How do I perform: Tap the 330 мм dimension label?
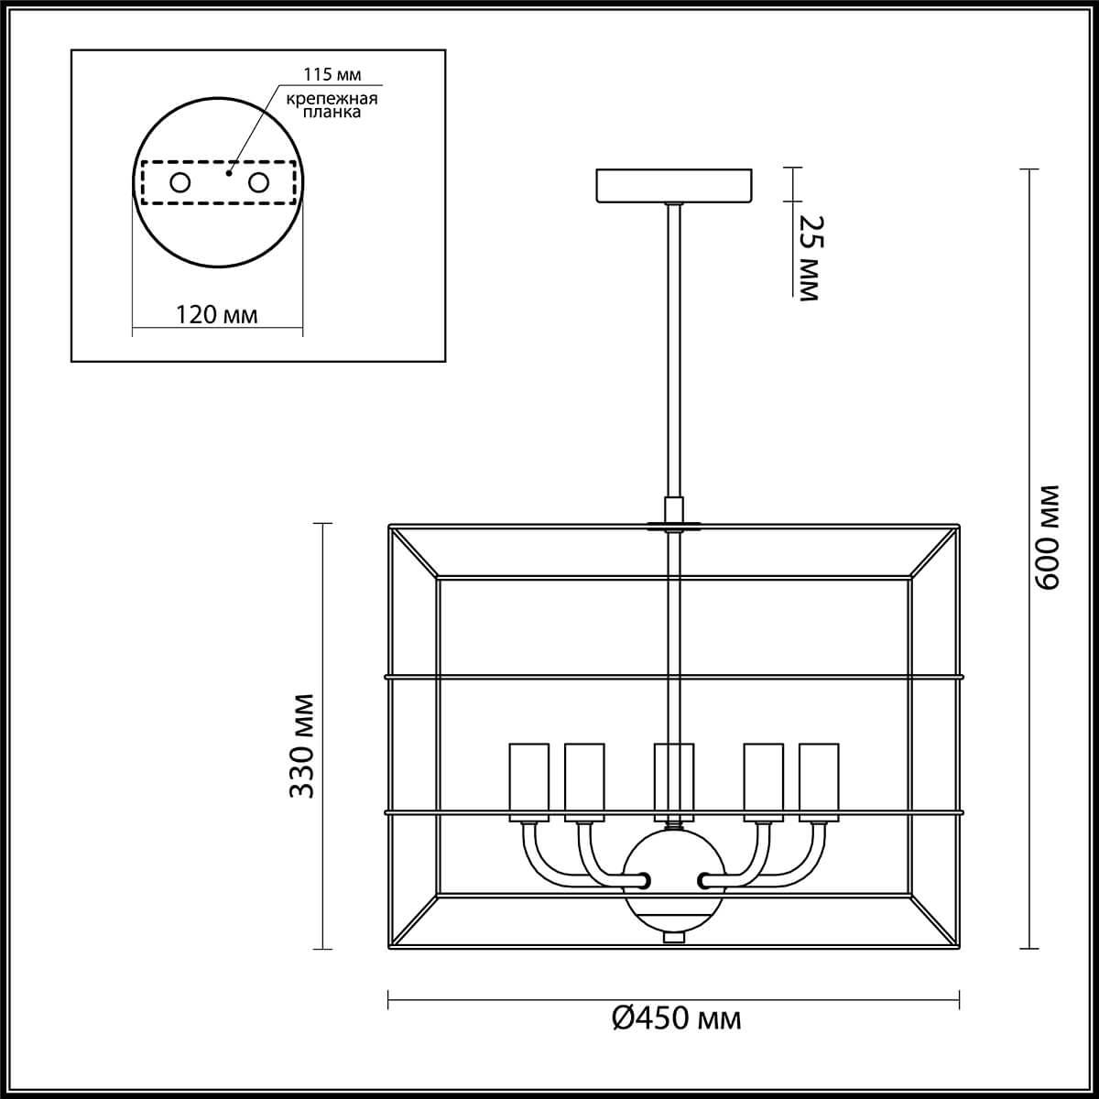point(303,745)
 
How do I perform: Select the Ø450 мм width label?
point(676,1017)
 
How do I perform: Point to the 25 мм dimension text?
point(810,258)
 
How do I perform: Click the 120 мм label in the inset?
point(217,315)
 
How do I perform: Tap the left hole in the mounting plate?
point(180,182)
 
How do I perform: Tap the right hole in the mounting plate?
point(259,182)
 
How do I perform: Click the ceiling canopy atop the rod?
point(674,185)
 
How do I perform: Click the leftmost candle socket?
point(528,780)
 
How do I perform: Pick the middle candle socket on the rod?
point(674,780)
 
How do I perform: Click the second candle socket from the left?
point(583,780)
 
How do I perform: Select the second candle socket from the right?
point(763,780)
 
